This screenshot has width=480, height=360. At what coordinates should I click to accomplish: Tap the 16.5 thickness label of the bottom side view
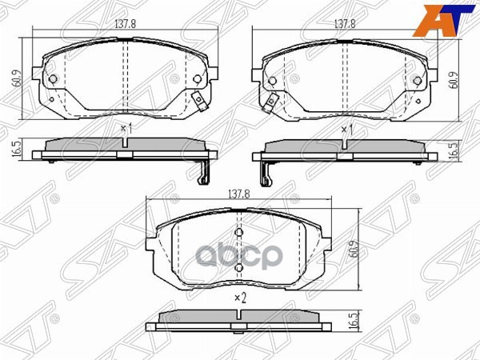(352, 322)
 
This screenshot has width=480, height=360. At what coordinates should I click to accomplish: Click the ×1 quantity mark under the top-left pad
(125, 128)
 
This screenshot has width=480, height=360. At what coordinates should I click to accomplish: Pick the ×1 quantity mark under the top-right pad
(346, 128)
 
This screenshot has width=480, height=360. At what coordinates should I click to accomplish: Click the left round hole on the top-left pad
(53, 78)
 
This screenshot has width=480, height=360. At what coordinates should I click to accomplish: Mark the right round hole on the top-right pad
(417, 78)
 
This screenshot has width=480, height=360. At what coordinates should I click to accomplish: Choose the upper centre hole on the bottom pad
(238, 233)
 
